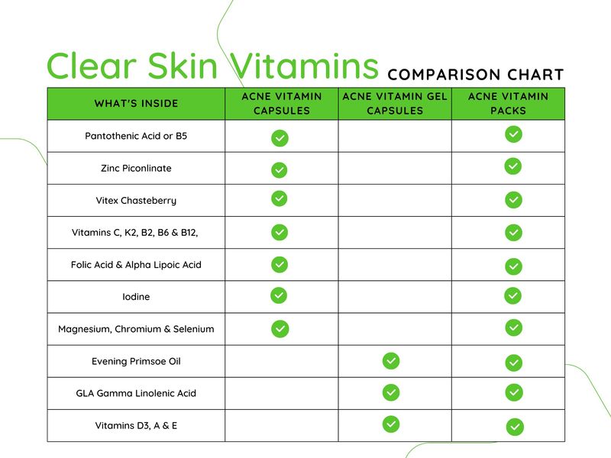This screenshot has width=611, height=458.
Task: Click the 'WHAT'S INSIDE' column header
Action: point(136,104)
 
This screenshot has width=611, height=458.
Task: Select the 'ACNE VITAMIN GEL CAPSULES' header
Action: point(395,104)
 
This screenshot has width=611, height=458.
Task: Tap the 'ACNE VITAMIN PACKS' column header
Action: point(508,104)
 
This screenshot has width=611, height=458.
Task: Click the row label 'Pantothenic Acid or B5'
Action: point(136,136)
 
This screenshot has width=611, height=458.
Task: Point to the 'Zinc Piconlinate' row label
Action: point(136,168)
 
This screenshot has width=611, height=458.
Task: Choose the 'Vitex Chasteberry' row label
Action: point(136,201)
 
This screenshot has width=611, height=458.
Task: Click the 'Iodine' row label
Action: point(136,297)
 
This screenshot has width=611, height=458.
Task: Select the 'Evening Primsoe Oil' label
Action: point(136,361)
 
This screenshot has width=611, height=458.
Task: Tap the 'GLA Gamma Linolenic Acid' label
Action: point(136,393)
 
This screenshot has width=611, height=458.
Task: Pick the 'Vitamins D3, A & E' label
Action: point(136,426)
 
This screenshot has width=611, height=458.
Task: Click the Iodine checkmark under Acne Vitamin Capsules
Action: point(279,295)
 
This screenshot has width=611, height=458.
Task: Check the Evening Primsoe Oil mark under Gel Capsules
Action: point(391,360)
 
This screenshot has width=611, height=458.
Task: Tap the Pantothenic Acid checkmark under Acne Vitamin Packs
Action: point(513,134)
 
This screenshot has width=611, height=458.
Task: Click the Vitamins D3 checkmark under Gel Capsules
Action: point(391,424)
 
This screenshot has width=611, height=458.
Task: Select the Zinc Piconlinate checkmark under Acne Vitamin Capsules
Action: point(279,169)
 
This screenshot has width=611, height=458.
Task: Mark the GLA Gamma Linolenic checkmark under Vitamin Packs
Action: point(514,392)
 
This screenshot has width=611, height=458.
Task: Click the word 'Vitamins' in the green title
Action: point(304,66)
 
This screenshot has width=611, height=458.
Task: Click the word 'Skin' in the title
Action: point(183,66)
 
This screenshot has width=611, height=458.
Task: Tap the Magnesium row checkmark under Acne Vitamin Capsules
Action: point(280,329)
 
